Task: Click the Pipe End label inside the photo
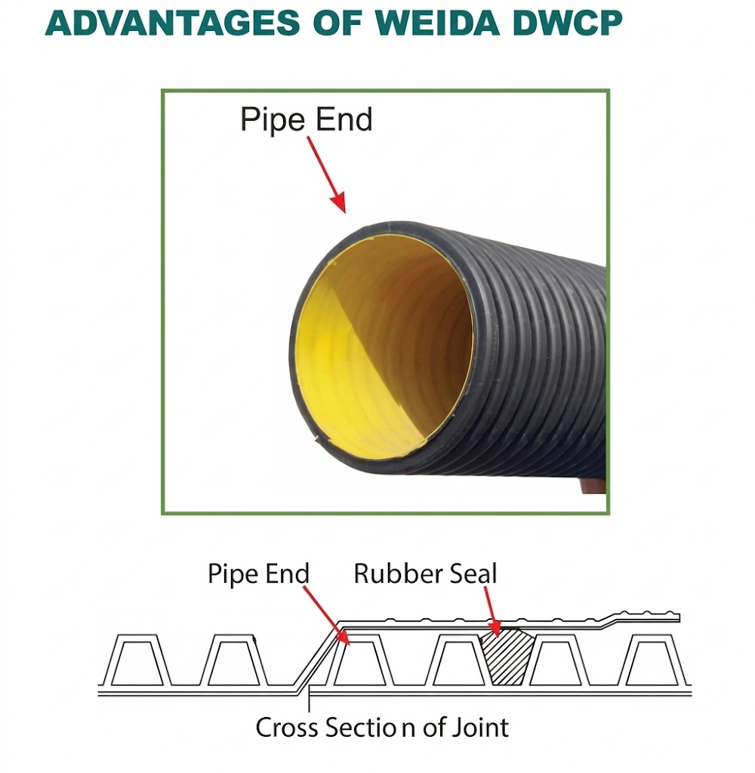coord(306,120)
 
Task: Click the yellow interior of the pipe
coord(377,347)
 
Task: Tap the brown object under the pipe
coord(593,488)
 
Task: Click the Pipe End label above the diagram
coord(258,574)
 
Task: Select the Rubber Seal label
coord(425,574)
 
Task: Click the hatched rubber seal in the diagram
coord(507,655)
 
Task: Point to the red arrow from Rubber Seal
coord(489,610)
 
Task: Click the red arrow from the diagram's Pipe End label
coord(325,615)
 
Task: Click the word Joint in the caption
coord(481,727)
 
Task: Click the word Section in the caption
coord(371,727)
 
